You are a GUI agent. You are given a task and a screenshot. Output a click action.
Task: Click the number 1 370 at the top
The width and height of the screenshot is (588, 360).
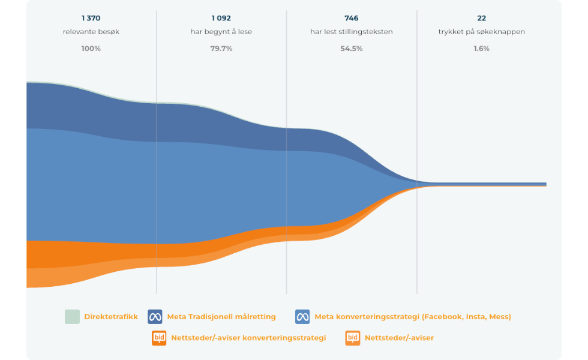tap(91, 18)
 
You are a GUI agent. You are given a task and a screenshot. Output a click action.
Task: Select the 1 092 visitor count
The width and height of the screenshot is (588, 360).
tap(221, 18)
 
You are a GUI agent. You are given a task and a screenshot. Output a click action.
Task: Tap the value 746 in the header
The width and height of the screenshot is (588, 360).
tap(351, 18)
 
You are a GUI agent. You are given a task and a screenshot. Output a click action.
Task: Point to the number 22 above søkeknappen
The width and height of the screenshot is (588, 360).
tap(481, 18)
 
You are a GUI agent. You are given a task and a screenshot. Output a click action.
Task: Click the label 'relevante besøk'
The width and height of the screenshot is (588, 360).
tap(91, 32)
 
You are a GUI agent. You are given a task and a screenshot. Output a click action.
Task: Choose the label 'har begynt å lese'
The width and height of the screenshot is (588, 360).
tap(221, 32)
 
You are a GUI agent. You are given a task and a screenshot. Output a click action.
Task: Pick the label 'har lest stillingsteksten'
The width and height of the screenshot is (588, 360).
tap(351, 32)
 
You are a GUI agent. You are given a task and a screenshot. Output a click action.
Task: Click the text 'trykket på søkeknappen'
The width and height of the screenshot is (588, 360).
tap(481, 32)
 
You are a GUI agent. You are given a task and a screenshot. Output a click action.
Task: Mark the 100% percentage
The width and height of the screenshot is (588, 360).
tap(91, 49)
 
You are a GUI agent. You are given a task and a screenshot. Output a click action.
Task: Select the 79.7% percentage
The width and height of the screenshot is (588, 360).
tap(221, 49)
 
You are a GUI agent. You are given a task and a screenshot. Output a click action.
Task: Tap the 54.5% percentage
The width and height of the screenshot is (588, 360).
tap(351, 49)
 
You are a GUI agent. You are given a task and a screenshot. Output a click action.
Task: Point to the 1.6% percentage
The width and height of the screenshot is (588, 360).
tap(481, 49)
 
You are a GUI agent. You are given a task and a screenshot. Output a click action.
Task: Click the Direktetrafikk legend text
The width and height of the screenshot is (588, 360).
tap(111, 317)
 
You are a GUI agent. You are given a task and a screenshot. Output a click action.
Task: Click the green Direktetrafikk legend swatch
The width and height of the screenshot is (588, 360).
tap(72, 316)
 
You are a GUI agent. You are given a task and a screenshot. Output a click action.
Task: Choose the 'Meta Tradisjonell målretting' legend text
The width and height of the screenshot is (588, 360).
tap(221, 317)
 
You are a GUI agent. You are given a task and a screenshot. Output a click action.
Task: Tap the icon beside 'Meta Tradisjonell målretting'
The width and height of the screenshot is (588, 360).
tap(155, 316)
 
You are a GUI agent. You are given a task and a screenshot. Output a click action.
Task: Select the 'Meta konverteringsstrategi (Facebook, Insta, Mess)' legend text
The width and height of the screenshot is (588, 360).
tap(413, 317)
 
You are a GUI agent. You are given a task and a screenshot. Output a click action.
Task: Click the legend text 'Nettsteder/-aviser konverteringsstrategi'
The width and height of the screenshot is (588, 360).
tap(248, 338)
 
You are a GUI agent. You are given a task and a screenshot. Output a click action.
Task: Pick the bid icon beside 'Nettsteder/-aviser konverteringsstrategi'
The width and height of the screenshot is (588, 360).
tap(159, 338)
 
